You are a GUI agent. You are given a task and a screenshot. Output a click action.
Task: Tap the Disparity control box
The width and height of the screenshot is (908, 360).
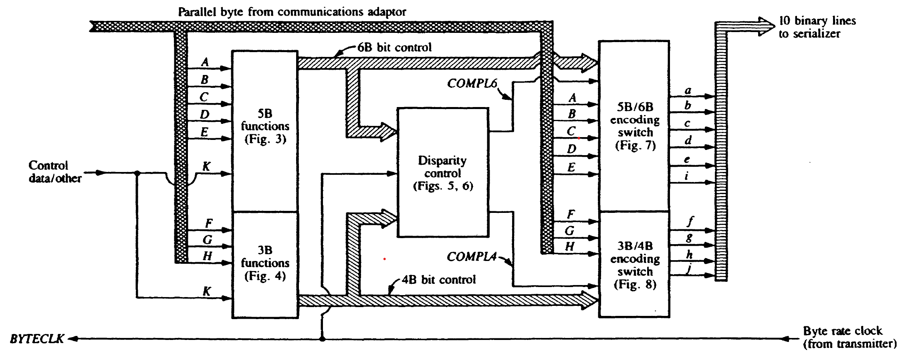[443, 172]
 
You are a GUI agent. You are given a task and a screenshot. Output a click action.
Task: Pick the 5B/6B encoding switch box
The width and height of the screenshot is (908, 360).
[634, 126]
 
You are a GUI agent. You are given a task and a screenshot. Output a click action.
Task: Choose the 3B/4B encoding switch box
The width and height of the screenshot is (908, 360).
[634, 265]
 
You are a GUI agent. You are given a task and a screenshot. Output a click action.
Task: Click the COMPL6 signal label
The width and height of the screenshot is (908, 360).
[472, 83]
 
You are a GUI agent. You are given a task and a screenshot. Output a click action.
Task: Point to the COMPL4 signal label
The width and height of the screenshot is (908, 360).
[472, 257]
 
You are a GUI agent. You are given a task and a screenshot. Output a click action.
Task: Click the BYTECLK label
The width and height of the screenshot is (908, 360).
[37, 339]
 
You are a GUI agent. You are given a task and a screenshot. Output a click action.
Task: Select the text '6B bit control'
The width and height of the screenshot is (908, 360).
[394, 48]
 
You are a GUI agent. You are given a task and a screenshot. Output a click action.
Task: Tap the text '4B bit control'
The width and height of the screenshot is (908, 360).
[438, 279]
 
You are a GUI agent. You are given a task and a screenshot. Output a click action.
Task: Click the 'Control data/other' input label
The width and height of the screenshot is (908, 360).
[55, 172]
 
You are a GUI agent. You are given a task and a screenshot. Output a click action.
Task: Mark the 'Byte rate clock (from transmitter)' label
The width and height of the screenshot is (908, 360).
[849, 337]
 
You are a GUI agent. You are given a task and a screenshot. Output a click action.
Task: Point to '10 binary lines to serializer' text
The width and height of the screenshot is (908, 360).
[817, 27]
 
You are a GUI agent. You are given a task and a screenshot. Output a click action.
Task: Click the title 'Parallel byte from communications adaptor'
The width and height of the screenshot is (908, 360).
[292, 12]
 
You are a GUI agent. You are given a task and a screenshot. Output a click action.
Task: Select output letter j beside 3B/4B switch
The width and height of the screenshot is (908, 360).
[689, 269]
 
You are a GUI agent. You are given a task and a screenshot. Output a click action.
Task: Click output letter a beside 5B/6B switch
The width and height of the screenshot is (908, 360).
[688, 91]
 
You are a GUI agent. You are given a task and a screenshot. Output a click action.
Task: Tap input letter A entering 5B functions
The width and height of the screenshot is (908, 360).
[205, 62]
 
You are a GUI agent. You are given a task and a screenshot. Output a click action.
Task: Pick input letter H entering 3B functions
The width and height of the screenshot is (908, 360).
[207, 256]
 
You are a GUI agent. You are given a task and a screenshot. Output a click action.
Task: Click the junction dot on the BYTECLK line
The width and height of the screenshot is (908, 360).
[322, 339]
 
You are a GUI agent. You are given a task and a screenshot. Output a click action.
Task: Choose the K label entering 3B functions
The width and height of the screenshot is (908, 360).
[207, 291]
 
